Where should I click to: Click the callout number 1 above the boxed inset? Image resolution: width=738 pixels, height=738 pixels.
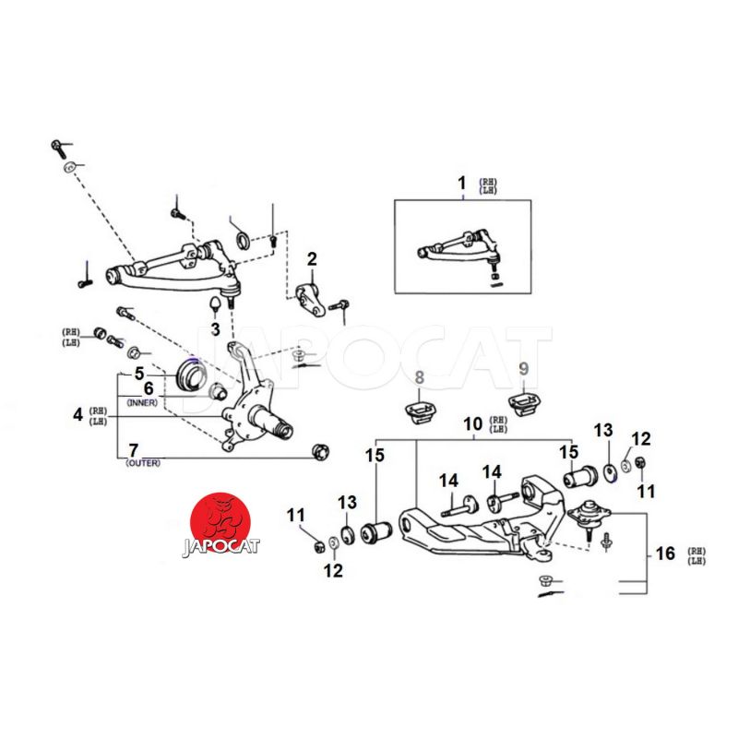tap(462, 184)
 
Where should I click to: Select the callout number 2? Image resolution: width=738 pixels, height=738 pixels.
tap(312, 259)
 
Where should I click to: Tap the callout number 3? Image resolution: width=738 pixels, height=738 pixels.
tap(215, 328)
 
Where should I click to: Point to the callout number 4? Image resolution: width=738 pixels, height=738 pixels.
tap(77, 415)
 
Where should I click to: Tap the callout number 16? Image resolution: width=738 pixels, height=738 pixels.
tap(665, 554)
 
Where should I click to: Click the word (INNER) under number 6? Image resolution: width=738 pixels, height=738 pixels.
tap(144, 402)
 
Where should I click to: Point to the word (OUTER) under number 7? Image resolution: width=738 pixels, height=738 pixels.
tap(143, 463)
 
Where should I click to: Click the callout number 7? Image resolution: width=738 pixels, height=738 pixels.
tap(134, 449)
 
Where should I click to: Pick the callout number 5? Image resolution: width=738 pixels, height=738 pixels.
tap(139, 374)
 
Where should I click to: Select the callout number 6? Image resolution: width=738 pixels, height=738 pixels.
tap(148, 389)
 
